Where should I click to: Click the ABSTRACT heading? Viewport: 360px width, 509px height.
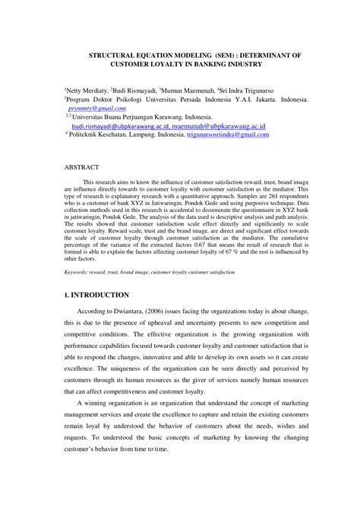point(81,165)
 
